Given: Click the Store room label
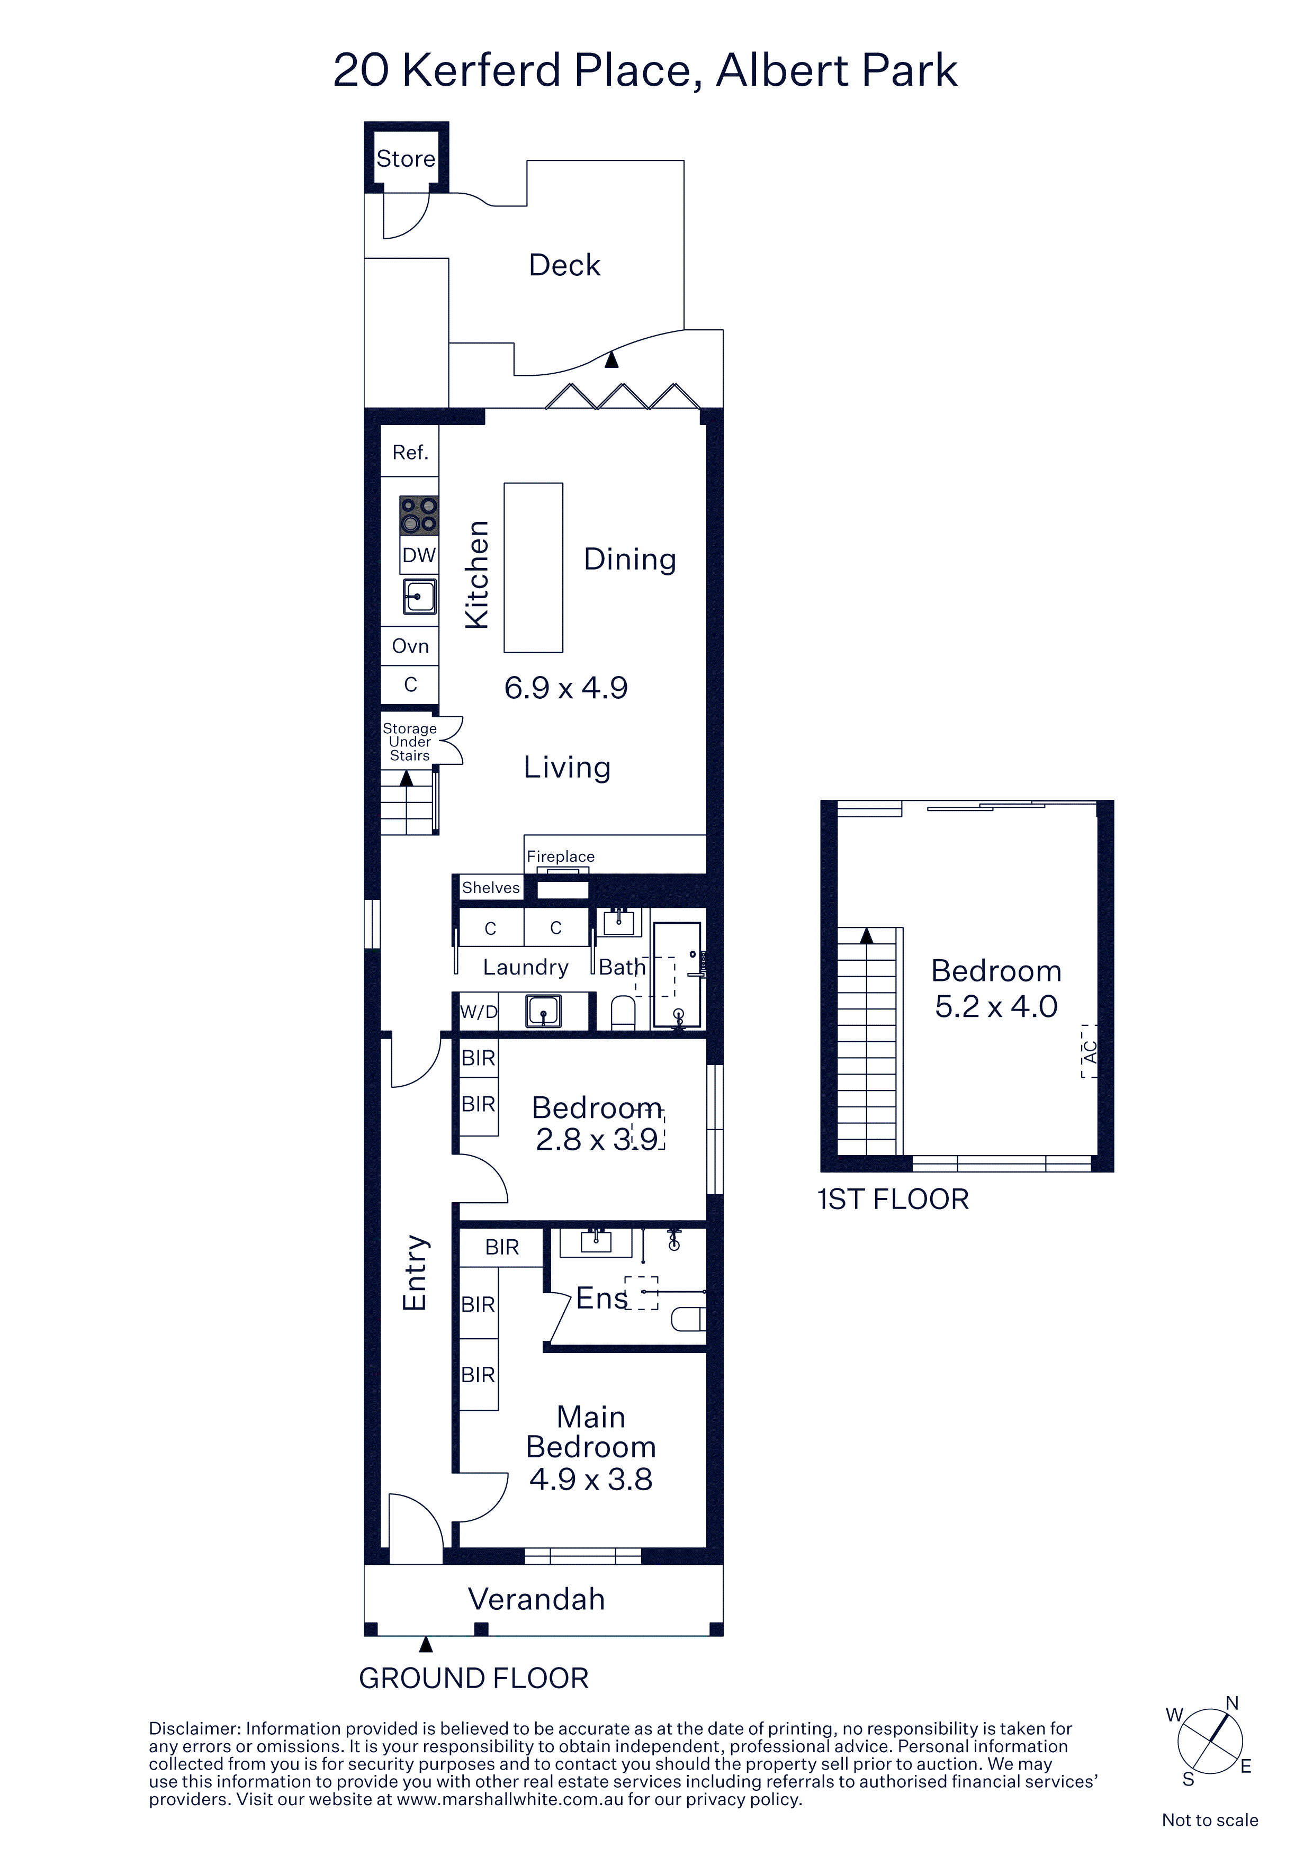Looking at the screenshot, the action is coord(406,158).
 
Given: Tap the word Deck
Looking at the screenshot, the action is coord(565,265).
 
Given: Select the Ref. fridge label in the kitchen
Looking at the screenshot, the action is coord(410,452).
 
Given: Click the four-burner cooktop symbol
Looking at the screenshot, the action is coord(419,515).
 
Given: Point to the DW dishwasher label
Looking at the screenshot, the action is coord(419,555).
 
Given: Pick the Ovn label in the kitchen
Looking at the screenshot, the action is coord(410,646).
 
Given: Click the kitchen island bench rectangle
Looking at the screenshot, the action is coord(533,568).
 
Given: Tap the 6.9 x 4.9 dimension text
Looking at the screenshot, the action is coord(565,688).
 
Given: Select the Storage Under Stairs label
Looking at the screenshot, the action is coord(409,742).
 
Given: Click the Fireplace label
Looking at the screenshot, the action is coord(561,857).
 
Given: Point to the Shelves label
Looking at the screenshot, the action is coord(490,887).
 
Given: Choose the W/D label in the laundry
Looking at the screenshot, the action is coord(478,1012).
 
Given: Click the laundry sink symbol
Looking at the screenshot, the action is coord(544,1011).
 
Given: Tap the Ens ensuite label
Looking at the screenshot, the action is coord(602,1298).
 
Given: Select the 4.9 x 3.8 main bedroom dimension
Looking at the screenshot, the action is coord(590,1479).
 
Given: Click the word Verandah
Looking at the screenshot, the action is coord(536,1599).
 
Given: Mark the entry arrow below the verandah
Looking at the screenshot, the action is coord(426,1644).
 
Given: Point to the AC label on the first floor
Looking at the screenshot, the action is coord(1090,1051).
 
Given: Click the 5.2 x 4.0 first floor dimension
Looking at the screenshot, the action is coord(996,1006).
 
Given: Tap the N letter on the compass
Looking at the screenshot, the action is coord(1232,1704).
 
